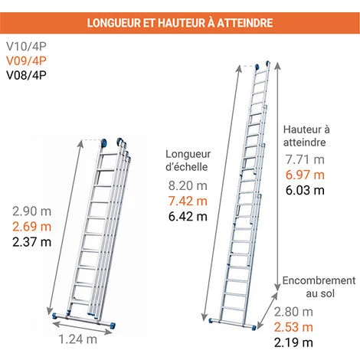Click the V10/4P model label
pos(26,46)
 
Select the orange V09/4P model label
pos(26,61)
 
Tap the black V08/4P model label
pos(26,75)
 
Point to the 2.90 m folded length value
pos(32,211)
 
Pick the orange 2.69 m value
pos(32,227)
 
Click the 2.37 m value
pos(32,242)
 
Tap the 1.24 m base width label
pos(78,339)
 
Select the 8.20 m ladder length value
pos(188,185)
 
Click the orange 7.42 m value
pos(188,201)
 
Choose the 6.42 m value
pos(188,217)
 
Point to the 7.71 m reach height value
pos(305,160)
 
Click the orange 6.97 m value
pos(305,175)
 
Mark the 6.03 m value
pos(305,191)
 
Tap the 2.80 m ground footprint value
pos(293,312)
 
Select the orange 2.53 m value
pos(293,327)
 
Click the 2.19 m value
pos(293,342)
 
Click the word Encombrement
pos(319,280)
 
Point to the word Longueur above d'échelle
pos(188,155)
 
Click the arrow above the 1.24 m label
pos(82,327)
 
